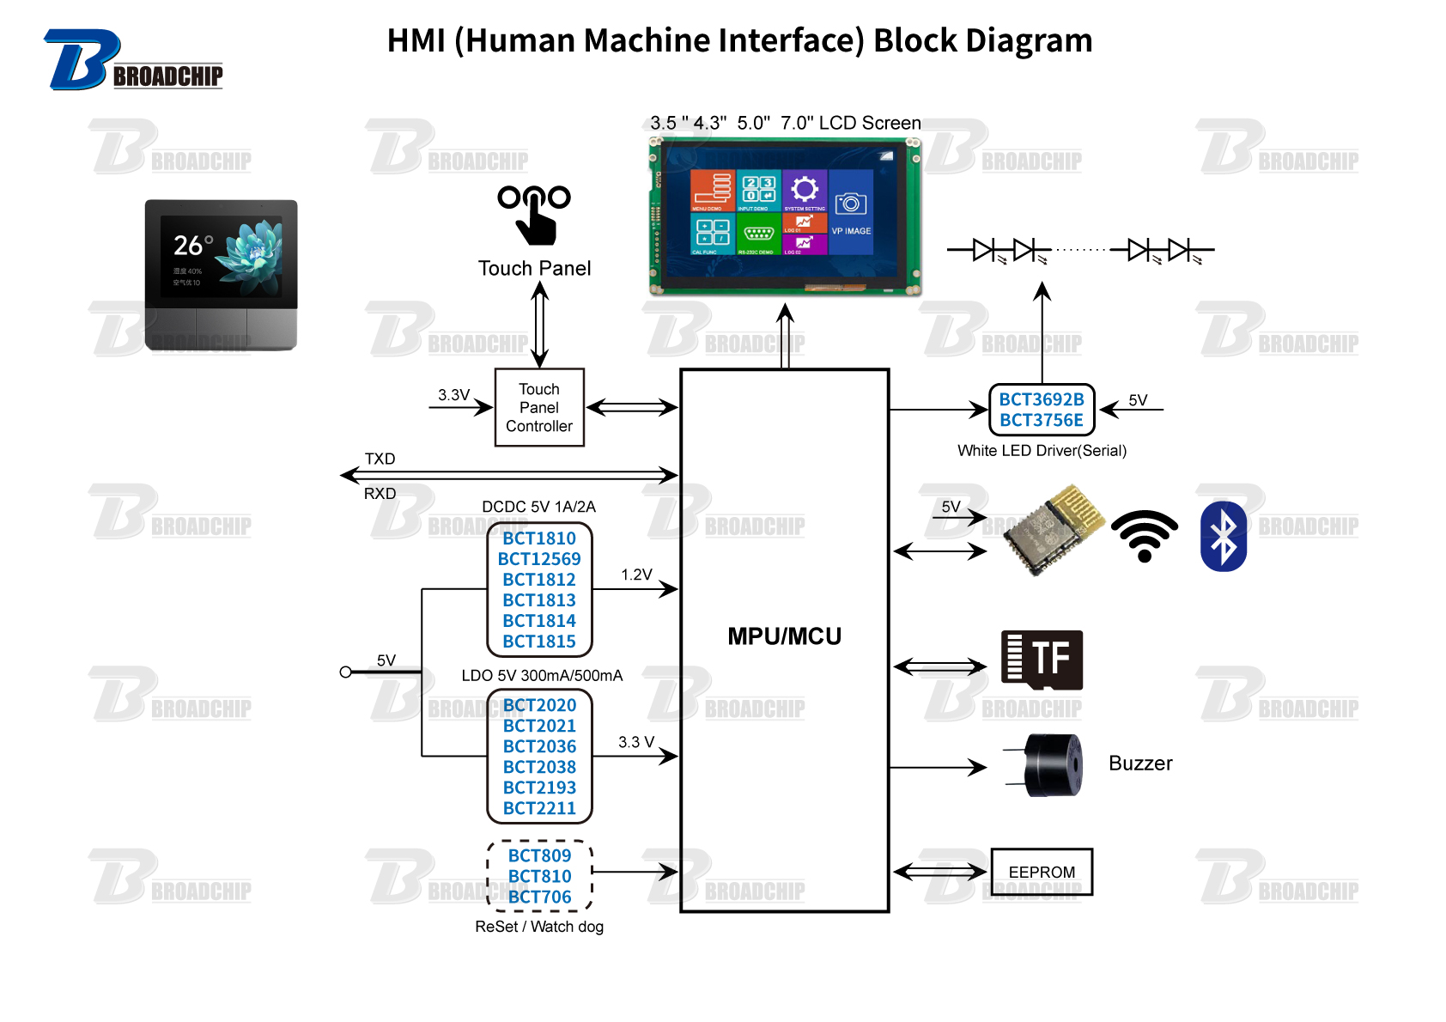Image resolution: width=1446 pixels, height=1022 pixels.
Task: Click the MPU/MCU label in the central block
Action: (784, 636)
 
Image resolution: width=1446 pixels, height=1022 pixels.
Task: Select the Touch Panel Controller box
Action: (539, 408)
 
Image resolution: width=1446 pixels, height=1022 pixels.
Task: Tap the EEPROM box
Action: (1042, 872)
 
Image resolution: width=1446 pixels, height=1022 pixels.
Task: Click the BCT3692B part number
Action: (1042, 399)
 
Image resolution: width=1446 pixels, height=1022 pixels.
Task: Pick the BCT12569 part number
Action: (539, 559)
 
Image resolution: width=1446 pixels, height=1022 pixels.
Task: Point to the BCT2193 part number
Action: (539, 788)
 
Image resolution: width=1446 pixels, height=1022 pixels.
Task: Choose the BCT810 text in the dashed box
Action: (539, 876)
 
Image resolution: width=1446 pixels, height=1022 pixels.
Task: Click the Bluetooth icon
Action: (1223, 537)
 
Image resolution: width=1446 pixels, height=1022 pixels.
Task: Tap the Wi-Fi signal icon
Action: (1145, 537)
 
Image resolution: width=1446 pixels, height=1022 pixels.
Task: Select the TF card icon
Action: (1042, 660)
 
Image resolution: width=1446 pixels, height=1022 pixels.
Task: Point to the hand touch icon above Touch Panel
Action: (534, 215)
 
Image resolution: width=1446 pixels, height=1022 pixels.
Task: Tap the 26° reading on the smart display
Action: (192, 246)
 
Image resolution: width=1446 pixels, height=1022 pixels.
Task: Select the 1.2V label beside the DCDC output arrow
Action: (636, 575)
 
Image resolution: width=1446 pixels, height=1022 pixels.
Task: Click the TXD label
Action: (380, 459)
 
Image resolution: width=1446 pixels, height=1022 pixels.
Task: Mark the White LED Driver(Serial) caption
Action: (1042, 451)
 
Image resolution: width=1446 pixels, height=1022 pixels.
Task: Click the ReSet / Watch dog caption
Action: (539, 927)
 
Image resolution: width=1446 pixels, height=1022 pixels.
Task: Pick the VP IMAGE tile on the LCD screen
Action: (851, 212)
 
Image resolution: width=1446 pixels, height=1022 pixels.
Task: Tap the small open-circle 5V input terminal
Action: (345, 672)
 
